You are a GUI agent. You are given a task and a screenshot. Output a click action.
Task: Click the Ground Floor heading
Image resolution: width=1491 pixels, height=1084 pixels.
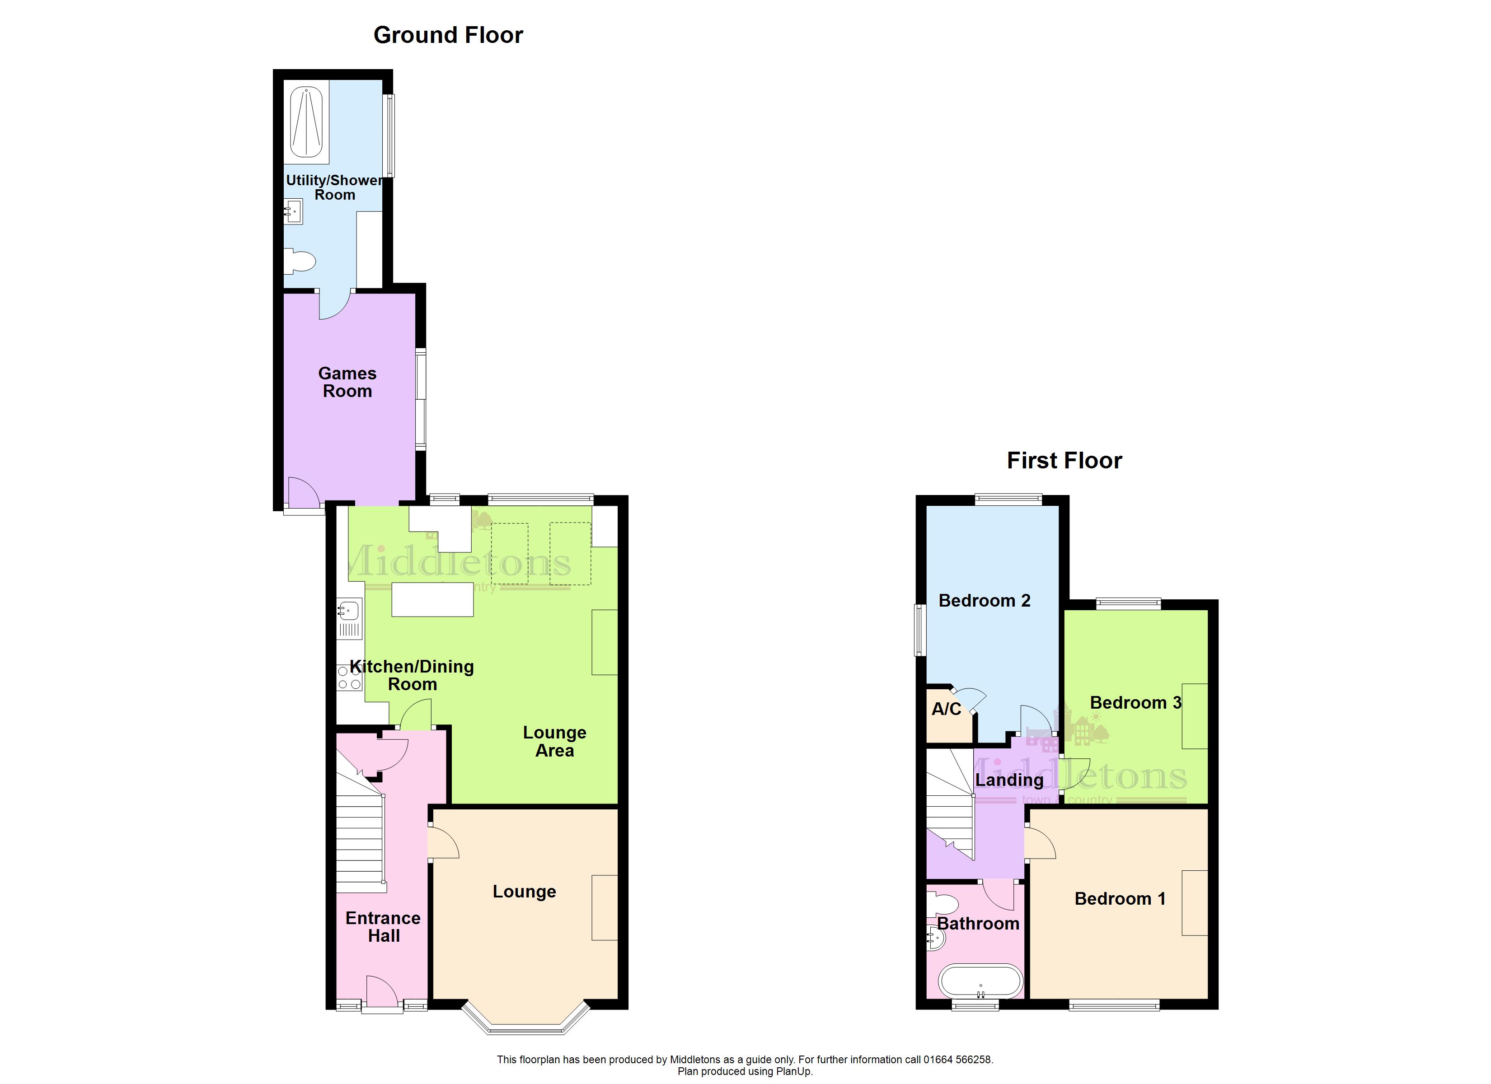click(448, 35)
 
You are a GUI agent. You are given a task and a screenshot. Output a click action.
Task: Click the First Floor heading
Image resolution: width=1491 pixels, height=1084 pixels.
click(1064, 460)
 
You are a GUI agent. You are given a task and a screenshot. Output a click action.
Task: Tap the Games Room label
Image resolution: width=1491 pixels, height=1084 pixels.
click(347, 382)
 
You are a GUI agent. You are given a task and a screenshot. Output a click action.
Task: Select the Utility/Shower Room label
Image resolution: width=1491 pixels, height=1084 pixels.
click(335, 187)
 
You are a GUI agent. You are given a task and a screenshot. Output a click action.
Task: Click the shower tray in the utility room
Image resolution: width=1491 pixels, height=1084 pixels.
click(306, 122)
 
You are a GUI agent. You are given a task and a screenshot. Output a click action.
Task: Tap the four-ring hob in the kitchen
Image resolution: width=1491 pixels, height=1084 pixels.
click(349, 678)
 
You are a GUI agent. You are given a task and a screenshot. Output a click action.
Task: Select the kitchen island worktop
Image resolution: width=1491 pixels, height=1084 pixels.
click(432, 599)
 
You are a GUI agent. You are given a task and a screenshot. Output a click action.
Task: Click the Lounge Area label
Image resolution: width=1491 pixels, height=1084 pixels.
click(554, 742)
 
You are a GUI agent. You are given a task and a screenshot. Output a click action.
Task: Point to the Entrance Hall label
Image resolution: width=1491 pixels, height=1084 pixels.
click(383, 927)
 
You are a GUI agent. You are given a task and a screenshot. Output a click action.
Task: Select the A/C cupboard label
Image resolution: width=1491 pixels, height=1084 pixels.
click(946, 709)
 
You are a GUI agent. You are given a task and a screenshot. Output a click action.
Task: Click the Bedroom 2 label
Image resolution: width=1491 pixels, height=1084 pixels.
click(984, 600)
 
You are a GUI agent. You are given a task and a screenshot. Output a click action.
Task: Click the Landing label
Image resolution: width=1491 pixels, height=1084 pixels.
click(1009, 780)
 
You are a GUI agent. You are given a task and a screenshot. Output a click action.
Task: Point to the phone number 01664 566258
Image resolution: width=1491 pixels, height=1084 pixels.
click(958, 1059)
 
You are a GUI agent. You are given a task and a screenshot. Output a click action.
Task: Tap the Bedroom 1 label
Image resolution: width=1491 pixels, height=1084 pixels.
click(1120, 899)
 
